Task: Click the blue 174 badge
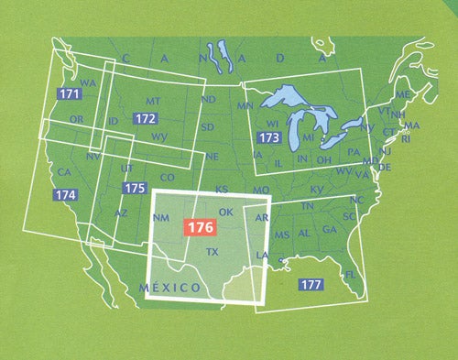pyautogui.click(x=65, y=195)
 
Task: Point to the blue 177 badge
pyautogui.click(x=311, y=285)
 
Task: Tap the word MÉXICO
pyautogui.click(x=170, y=288)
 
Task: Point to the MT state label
pyautogui.click(x=154, y=102)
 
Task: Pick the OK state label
pyautogui.click(x=228, y=213)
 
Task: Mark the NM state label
pyautogui.click(x=162, y=218)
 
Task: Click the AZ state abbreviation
pyautogui.click(x=121, y=213)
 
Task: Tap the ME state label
pyautogui.click(x=401, y=95)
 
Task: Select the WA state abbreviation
pyautogui.click(x=89, y=82)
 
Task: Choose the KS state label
pyautogui.click(x=222, y=189)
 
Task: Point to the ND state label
pyautogui.click(x=209, y=99)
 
